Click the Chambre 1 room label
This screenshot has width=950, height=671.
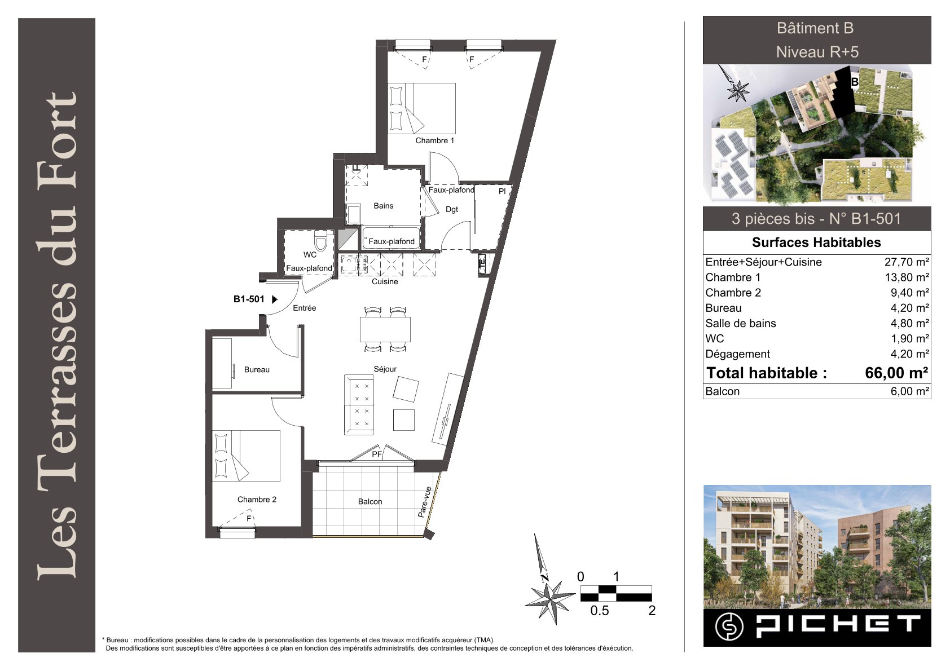coord(434,140)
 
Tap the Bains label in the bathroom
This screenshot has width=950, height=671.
coord(384,206)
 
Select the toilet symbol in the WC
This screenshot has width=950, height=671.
coord(320,241)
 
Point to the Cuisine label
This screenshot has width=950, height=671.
coord(385,281)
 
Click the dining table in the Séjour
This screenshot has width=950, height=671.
coord(385,329)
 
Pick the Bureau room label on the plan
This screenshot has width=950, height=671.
coord(257,370)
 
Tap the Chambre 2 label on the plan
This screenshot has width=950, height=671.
coord(257,500)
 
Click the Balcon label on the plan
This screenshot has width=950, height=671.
coord(370,501)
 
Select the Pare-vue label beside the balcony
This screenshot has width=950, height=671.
coord(425,502)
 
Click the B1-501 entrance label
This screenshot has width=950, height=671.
coord(249,299)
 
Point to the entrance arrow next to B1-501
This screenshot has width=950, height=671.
coord(274,299)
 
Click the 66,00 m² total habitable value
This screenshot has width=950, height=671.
coord(896,373)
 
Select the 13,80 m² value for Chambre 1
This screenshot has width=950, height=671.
coord(907,277)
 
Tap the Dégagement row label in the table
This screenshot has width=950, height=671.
coord(737,354)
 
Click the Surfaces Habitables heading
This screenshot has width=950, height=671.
coord(816,242)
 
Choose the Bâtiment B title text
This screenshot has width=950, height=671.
coord(815,28)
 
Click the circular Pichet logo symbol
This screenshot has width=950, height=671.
coord(729,627)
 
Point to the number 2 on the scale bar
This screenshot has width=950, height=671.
coord(652,611)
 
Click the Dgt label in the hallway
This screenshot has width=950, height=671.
coord(452,209)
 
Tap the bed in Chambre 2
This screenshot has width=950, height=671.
coord(246,456)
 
